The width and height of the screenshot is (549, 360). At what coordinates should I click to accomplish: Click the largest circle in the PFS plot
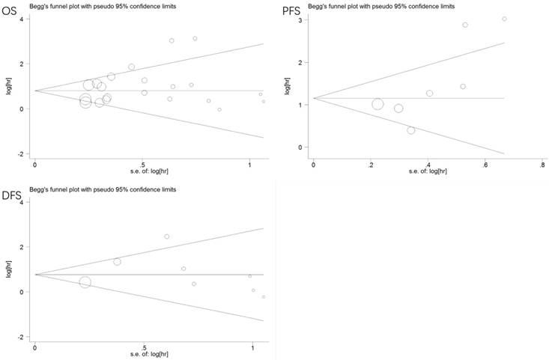click(377, 104)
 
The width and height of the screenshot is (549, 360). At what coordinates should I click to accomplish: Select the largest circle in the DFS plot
click(85, 282)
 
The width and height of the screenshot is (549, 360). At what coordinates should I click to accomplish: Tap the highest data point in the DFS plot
click(167, 237)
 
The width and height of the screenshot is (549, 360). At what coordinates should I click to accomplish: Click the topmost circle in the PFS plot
click(504, 19)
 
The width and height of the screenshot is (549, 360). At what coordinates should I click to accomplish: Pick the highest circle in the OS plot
click(195, 38)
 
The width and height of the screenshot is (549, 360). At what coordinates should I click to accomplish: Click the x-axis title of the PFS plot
click(427, 171)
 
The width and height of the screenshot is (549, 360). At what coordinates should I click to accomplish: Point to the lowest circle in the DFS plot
click(264, 297)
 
